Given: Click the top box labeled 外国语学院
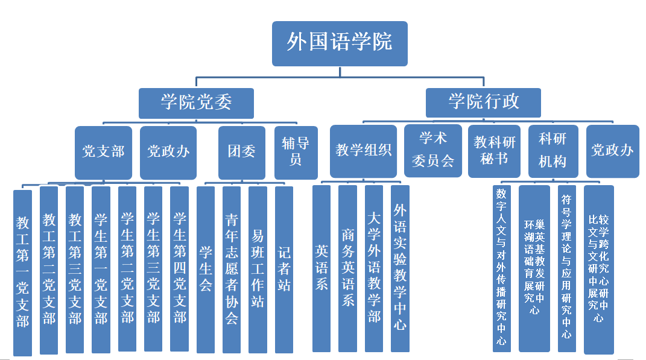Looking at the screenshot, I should pos(340,43).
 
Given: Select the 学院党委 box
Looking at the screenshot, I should pos(196,103).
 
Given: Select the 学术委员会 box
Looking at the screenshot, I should pos(432,150).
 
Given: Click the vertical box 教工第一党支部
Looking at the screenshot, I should pos(23,272).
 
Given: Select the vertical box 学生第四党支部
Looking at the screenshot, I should pos(180,268).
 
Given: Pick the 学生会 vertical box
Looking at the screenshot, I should pos(206,269).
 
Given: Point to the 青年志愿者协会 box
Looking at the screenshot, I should pos(232,269).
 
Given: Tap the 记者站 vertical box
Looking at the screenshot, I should pos(283,269).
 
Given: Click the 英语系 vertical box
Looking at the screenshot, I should pos(321,268).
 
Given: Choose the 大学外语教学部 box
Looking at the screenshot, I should pos(374,268).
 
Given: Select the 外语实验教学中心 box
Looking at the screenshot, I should pos(400,268).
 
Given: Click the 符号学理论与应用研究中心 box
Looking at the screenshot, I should pos(566,268).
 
